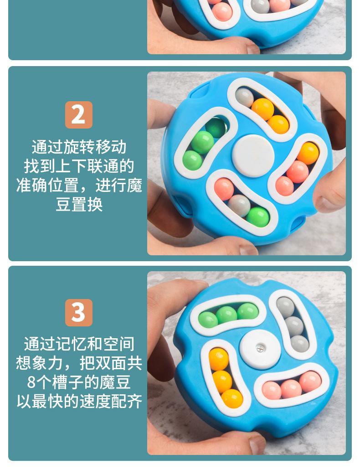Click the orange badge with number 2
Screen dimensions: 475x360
78,114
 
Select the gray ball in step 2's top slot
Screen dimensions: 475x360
245,97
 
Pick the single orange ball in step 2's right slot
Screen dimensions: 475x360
308,153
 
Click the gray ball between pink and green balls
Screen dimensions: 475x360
239,204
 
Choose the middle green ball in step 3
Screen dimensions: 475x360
226,315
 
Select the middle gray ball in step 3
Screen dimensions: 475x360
294,325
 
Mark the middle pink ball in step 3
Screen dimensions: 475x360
291,389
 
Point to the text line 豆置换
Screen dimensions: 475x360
79,204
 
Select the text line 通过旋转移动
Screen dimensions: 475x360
79,147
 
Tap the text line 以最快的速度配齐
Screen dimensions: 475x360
79,401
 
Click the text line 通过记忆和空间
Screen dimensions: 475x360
79,344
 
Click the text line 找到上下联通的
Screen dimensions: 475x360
79,166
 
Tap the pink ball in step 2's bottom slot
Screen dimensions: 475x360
224,188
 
